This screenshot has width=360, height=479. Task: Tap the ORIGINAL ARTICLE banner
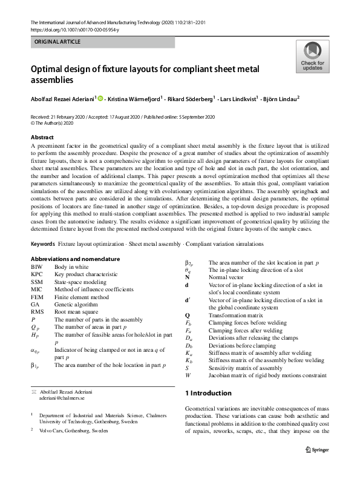(57, 42)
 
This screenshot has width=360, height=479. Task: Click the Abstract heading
(42, 137)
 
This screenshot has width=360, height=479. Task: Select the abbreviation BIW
(37, 266)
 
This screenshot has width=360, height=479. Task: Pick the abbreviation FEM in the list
(38, 298)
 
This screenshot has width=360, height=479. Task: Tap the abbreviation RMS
(38, 314)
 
